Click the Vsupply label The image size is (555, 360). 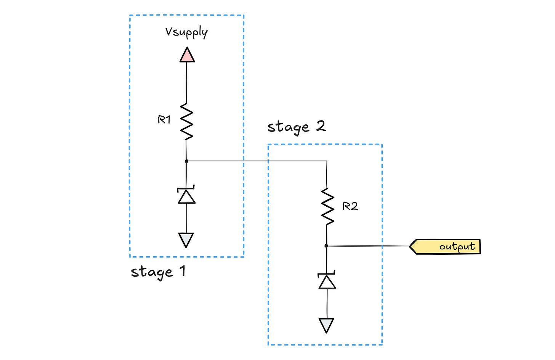pos(186,32)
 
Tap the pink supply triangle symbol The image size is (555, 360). pos(187,55)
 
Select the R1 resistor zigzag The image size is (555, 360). pos(187,121)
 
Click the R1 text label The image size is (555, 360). pos(164,120)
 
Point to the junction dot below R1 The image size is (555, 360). pos(186,161)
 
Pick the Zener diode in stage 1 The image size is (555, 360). pos(187,195)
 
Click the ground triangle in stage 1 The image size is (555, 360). pos(186,239)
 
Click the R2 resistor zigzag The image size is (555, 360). pos(327,206)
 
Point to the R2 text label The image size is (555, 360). pos(350,206)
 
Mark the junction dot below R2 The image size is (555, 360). pos(326,246)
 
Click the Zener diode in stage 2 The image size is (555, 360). pos(327,281)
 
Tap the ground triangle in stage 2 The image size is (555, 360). pos(327,325)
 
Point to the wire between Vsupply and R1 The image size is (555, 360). pos(186,82)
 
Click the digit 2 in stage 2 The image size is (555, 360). pos(321,126)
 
